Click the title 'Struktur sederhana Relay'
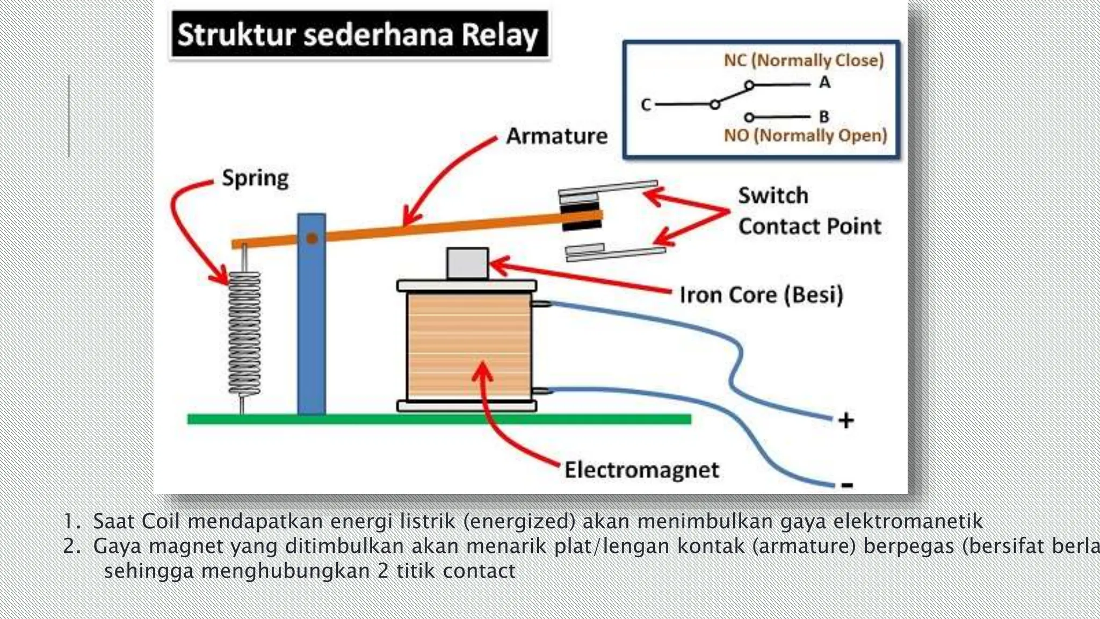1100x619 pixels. tap(358, 34)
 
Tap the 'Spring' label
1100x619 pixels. tap(255, 178)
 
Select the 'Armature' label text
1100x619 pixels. tap(556, 136)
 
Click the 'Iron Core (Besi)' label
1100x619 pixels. tap(761, 295)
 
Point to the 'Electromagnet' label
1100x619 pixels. tap(641, 470)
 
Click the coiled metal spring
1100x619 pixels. tap(244, 333)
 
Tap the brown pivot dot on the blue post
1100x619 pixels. tap(312, 238)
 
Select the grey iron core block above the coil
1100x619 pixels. tap(467, 263)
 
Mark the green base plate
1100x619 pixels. tap(439, 419)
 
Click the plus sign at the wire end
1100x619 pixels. tap(846, 420)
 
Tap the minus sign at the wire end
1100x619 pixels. tap(847, 485)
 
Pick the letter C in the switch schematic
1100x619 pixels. tap(646, 105)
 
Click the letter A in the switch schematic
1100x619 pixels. tap(824, 83)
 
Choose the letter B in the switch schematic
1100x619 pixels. tap(824, 117)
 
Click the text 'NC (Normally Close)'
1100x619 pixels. tap(804, 60)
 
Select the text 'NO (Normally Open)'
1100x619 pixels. tap(805, 135)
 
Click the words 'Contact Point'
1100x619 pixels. tap(809, 226)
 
